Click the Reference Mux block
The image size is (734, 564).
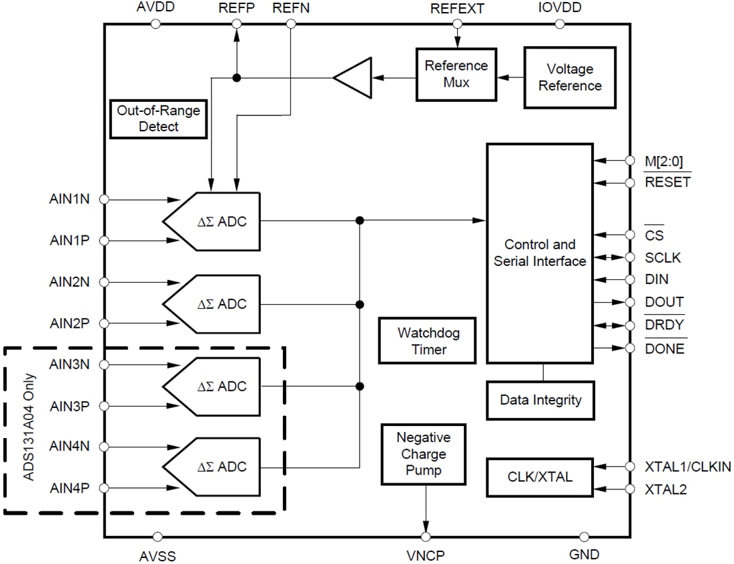(456, 74)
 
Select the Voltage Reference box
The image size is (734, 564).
(570, 77)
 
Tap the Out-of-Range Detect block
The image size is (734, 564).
(158, 118)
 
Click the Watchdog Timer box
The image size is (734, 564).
(428, 340)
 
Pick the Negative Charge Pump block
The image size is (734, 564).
(423, 454)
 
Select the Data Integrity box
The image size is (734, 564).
(540, 400)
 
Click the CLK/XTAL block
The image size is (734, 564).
(540, 477)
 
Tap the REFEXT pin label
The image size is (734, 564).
(457, 9)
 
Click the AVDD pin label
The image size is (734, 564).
(155, 8)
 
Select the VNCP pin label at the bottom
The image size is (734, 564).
(425, 555)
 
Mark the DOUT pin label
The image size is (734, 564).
(664, 302)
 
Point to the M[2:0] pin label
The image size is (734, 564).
(663, 161)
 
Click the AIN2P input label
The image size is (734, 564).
(69, 323)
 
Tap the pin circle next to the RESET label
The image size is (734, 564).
(629, 183)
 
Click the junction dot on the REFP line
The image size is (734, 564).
(236, 78)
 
